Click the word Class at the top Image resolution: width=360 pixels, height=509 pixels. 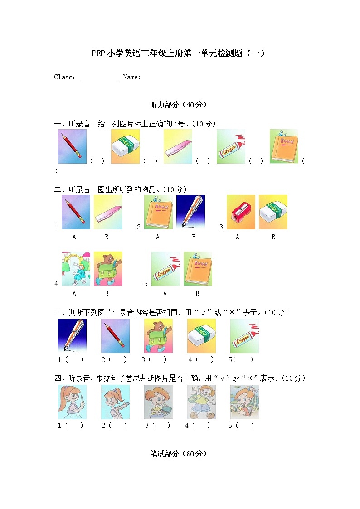(x=63, y=77)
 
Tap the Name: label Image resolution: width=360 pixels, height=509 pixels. (x=132, y=77)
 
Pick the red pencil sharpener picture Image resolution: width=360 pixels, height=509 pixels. (x=241, y=212)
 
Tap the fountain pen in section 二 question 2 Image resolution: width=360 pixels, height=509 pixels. (x=190, y=212)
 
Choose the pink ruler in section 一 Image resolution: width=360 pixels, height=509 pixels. (x=178, y=146)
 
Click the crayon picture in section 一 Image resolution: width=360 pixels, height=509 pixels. (x=231, y=146)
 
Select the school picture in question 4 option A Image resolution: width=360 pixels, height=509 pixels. (x=76, y=269)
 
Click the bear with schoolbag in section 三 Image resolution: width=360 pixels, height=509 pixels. (x=158, y=336)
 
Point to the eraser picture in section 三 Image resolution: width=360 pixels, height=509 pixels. (x=201, y=336)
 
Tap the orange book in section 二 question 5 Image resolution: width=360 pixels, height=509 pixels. (x=198, y=269)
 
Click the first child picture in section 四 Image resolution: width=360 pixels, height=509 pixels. (x=72, y=402)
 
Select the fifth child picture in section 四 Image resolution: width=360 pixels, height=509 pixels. (x=244, y=402)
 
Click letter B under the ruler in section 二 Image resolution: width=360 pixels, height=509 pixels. (x=107, y=237)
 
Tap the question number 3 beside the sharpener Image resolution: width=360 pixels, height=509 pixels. (x=221, y=227)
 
